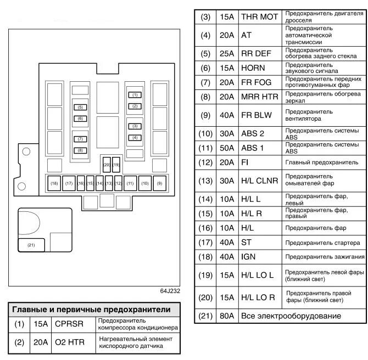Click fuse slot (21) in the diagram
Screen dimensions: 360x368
coord(31,245)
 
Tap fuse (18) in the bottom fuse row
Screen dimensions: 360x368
coord(54,183)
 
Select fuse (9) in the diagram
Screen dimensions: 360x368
coord(160,183)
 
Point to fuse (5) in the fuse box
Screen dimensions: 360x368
coord(80,107)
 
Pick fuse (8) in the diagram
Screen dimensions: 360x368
coord(80,150)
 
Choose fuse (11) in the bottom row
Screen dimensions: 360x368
coord(130,183)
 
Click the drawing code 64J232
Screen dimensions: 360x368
coord(170,291)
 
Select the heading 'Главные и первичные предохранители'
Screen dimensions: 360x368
coord(91,310)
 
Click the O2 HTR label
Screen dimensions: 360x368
coord(70,342)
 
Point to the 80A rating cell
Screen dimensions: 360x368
coord(227,316)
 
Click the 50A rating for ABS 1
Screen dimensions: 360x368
coord(227,148)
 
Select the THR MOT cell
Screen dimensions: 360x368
coord(260,17)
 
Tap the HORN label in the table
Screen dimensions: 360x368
coord(253,68)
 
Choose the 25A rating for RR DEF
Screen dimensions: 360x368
coord(227,54)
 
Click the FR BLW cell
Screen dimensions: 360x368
coord(256,115)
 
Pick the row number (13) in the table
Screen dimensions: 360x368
coord(205,181)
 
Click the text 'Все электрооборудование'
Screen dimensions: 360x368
coord(291,316)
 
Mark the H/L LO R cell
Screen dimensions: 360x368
coord(258,297)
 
